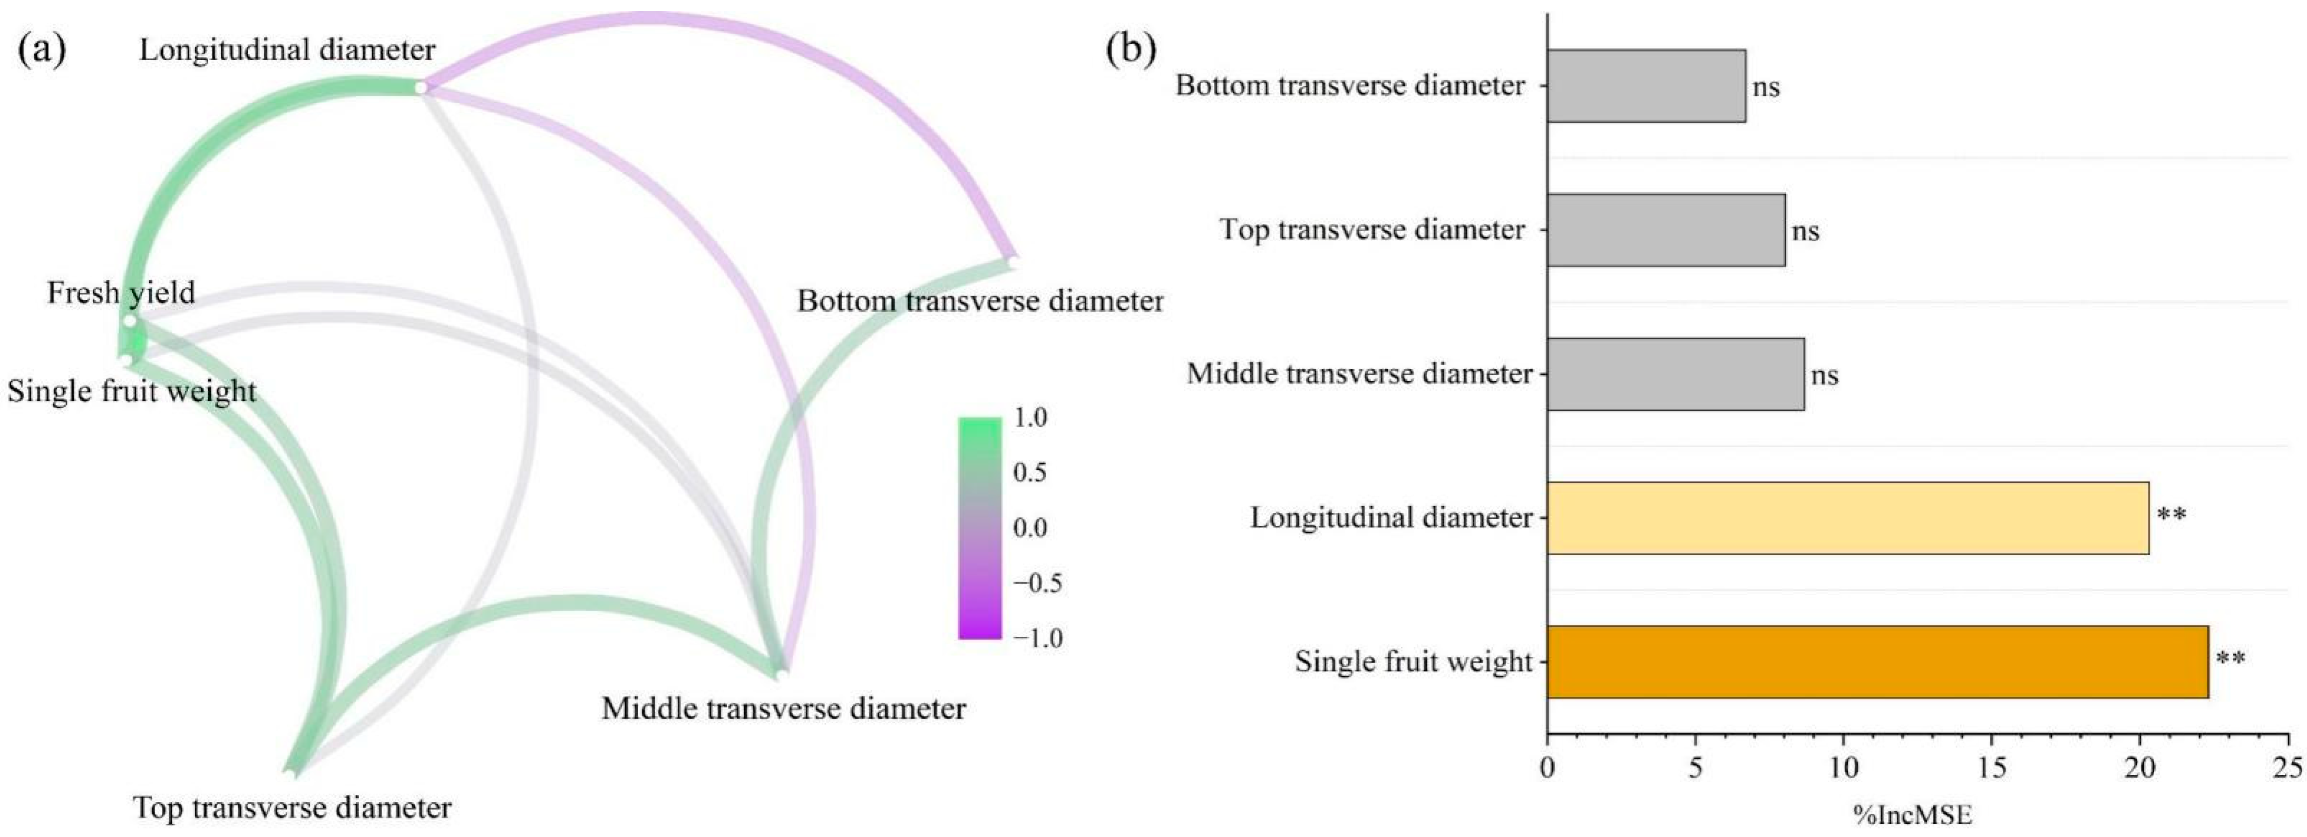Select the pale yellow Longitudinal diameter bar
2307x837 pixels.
1847,518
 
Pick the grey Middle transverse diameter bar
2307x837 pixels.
1675,374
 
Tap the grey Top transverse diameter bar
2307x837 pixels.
1666,230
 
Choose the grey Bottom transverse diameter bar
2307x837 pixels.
1646,86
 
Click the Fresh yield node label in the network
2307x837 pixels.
121,293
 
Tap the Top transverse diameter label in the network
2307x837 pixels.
292,809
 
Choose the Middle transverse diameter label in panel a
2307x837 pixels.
784,709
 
